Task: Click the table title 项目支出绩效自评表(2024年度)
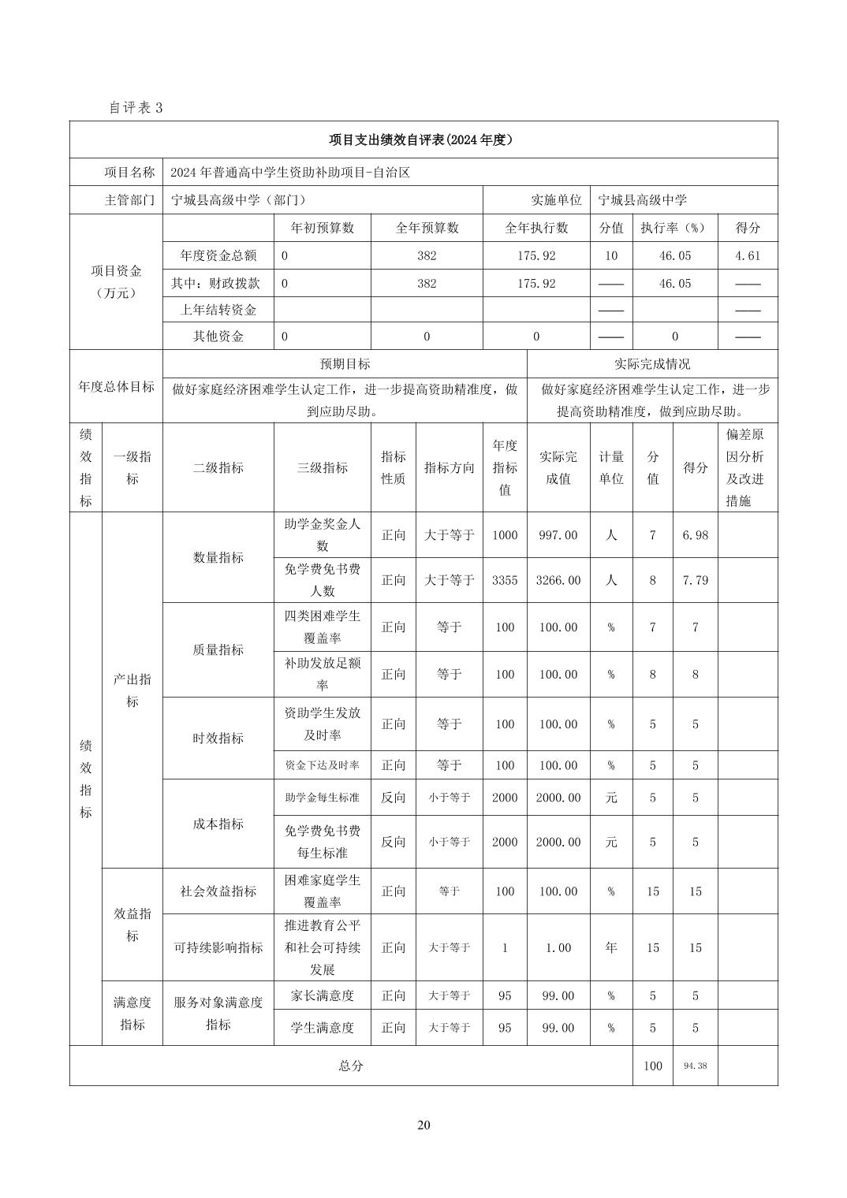click(x=423, y=140)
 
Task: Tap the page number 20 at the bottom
click(x=423, y=1125)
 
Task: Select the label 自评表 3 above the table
click(x=136, y=108)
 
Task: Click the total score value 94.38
click(x=695, y=1066)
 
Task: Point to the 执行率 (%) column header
click(x=673, y=228)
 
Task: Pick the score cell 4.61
click(x=747, y=255)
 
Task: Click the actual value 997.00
click(x=558, y=535)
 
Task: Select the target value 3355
click(x=505, y=580)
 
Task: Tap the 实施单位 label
click(x=556, y=200)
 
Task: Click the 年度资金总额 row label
click(x=218, y=255)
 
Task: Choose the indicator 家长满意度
click(x=323, y=995)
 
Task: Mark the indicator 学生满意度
click(x=323, y=1028)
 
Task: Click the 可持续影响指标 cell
click(x=218, y=947)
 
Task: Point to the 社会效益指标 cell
click(x=218, y=891)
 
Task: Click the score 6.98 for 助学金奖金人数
click(x=695, y=535)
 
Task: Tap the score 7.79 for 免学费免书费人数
click(x=695, y=580)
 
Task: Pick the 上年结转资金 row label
click(x=218, y=310)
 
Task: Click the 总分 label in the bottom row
click(x=351, y=1066)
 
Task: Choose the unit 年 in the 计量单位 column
click(x=611, y=947)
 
